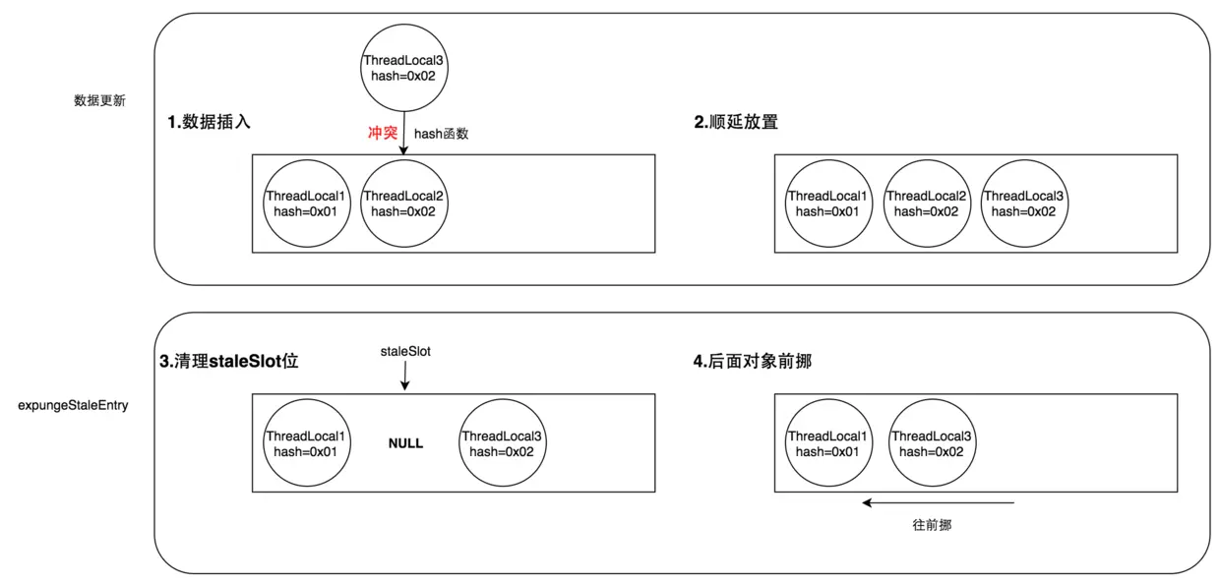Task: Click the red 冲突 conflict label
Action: (x=382, y=133)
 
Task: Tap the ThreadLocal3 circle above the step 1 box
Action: (x=403, y=67)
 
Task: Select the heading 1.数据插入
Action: (x=209, y=123)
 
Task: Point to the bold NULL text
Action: (x=405, y=443)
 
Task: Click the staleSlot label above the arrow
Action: (x=405, y=351)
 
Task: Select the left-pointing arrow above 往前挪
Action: (x=938, y=502)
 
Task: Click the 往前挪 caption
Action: (x=932, y=525)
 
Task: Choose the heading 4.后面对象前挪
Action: (x=752, y=362)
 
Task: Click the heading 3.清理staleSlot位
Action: (x=228, y=362)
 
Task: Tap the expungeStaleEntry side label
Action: (x=73, y=404)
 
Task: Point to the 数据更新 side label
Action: (x=99, y=100)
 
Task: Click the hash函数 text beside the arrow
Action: (x=441, y=134)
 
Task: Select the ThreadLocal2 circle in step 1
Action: (x=403, y=204)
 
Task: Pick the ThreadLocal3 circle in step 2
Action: (x=1023, y=204)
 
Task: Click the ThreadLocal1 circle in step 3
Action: (x=306, y=443)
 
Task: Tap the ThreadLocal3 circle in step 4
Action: (x=932, y=443)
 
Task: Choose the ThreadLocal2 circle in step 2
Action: (x=927, y=204)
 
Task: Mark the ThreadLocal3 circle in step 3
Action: (x=502, y=443)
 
